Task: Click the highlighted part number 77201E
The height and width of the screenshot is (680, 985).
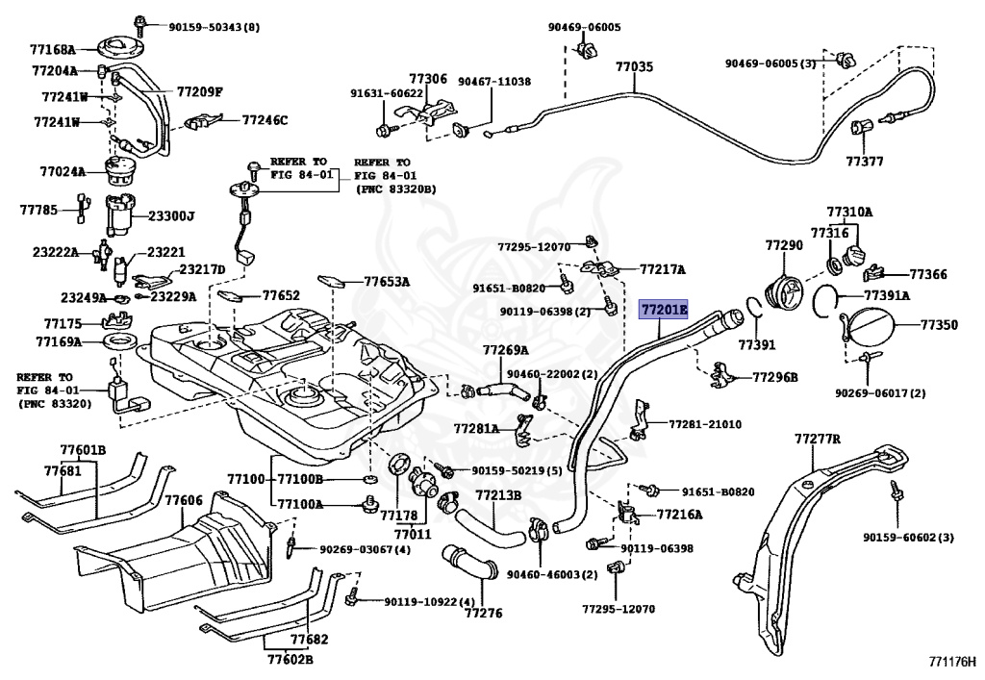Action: (664, 309)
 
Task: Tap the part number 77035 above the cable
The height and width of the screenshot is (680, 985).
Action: (634, 66)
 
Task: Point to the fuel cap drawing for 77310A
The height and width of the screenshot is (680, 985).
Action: (856, 257)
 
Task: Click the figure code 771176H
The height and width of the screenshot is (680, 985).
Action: (953, 662)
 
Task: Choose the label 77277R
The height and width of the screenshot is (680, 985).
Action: (818, 439)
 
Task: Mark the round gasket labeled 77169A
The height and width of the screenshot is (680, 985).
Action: (119, 342)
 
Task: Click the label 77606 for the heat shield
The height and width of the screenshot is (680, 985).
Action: (184, 500)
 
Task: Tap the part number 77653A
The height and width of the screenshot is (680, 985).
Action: (387, 282)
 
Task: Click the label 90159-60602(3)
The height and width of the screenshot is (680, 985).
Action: (908, 538)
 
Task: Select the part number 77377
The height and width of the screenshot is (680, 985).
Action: (865, 162)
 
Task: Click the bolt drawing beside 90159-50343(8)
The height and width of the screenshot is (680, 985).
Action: (140, 26)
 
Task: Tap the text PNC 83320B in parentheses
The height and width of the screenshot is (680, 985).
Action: (395, 189)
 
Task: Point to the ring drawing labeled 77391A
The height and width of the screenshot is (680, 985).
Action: (824, 300)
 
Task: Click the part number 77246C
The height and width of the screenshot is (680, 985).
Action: (265, 120)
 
